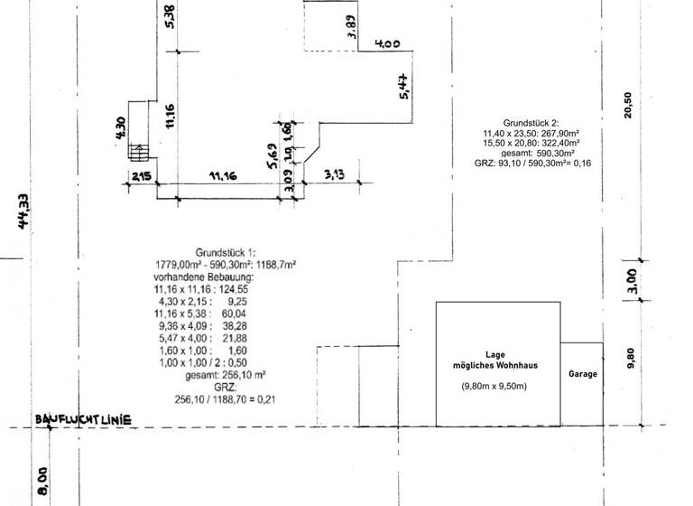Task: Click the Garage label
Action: click(582, 373)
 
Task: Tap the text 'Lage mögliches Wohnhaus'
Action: click(495, 360)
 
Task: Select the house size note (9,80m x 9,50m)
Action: click(495, 387)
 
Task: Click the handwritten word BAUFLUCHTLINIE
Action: click(84, 420)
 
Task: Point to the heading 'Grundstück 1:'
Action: click(226, 252)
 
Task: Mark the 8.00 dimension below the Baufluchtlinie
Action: click(42, 480)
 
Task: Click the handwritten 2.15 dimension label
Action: click(140, 176)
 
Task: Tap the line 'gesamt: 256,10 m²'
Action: click(225, 374)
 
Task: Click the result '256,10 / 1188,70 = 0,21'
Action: click(225, 398)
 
